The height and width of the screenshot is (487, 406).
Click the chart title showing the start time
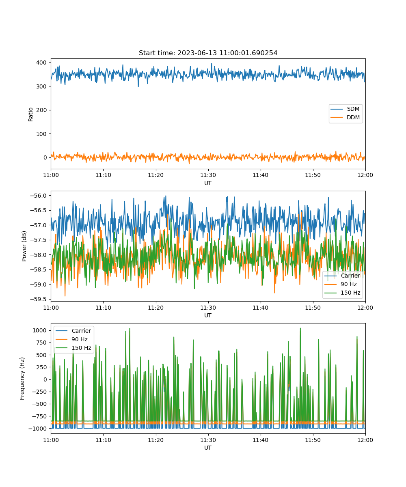coord(208,53)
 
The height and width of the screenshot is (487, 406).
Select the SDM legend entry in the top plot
coord(345,109)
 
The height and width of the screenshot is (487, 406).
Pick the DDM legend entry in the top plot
coord(345,117)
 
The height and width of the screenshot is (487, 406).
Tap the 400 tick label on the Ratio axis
coord(41,62)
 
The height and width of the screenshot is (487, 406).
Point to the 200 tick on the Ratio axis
coord(41,110)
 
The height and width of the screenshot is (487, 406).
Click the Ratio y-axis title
coord(30,114)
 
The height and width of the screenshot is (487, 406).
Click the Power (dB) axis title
coord(24,246)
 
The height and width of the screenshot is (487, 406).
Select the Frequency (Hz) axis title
coord(22,379)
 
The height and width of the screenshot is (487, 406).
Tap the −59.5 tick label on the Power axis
coord(38,299)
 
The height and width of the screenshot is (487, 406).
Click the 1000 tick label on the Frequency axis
coord(39,330)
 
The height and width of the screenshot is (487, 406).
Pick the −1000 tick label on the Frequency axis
coord(37,429)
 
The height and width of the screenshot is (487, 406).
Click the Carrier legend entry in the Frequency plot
coord(73,331)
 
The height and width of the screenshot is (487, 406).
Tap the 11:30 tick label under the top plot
coord(208,175)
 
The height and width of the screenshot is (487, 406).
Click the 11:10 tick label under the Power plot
coord(104,308)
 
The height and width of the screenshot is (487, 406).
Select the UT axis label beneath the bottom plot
coord(207,448)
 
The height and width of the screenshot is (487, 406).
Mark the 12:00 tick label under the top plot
coord(365,175)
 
